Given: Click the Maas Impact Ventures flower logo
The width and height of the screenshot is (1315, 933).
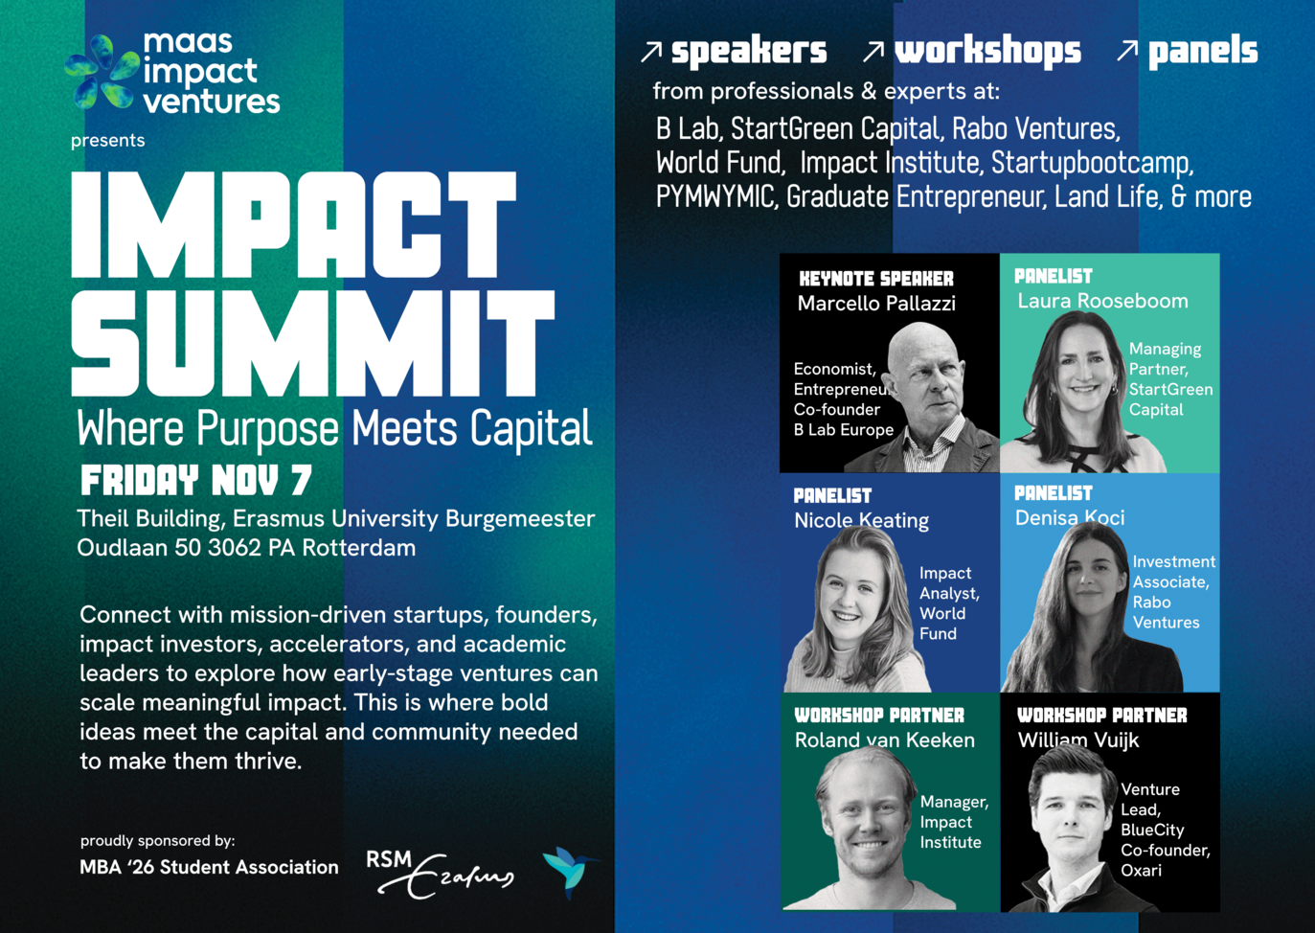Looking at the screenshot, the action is tap(101, 72).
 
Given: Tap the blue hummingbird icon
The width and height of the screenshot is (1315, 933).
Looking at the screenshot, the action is tap(568, 872).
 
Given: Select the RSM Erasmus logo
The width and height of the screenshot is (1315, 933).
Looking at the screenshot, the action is tap(440, 875).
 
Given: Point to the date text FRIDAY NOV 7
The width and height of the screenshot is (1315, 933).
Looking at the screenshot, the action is tap(195, 480).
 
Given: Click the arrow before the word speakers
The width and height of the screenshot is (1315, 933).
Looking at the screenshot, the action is tap(651, 51).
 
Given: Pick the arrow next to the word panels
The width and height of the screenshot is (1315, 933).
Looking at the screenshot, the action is tap(1127, 51).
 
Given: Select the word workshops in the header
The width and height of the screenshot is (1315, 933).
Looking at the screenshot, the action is tap(987, 52).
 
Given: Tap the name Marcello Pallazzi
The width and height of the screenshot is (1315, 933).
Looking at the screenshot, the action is tap(876, 303).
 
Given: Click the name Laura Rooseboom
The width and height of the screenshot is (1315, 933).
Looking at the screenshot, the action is tap(1102, 301).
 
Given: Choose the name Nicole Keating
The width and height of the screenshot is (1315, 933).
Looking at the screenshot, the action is tap(861, 521).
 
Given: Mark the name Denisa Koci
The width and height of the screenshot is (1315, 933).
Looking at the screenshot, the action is tap(1070, 517).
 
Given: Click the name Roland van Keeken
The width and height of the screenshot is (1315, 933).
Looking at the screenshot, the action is tap(885, 740).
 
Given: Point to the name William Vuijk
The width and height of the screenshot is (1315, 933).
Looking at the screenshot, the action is tap(1078, 740).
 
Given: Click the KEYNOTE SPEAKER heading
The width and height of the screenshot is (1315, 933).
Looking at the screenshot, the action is tap(876, 279).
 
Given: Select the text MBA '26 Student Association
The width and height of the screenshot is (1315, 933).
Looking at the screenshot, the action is tap(209, 867).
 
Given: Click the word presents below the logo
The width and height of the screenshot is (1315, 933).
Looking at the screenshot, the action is tap(107, 141).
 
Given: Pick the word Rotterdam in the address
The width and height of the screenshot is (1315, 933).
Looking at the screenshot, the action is tap(359, 548).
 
